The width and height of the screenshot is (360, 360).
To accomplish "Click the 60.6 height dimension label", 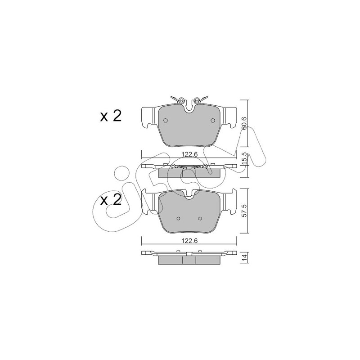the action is (244, 123).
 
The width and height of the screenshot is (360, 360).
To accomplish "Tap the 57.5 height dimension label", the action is (244, 211).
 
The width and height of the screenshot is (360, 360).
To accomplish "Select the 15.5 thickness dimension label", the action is (244, 157).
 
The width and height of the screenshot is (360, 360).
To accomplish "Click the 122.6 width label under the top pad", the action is (189, 154).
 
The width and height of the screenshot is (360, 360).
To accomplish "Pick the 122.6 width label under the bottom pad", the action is (189, 241).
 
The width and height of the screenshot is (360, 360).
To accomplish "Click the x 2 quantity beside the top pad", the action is (111, 116).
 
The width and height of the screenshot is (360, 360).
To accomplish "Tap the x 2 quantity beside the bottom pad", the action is (111, 200).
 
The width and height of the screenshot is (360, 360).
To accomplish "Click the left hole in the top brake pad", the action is (165, 120).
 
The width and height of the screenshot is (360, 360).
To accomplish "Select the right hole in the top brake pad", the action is (212, 120).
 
